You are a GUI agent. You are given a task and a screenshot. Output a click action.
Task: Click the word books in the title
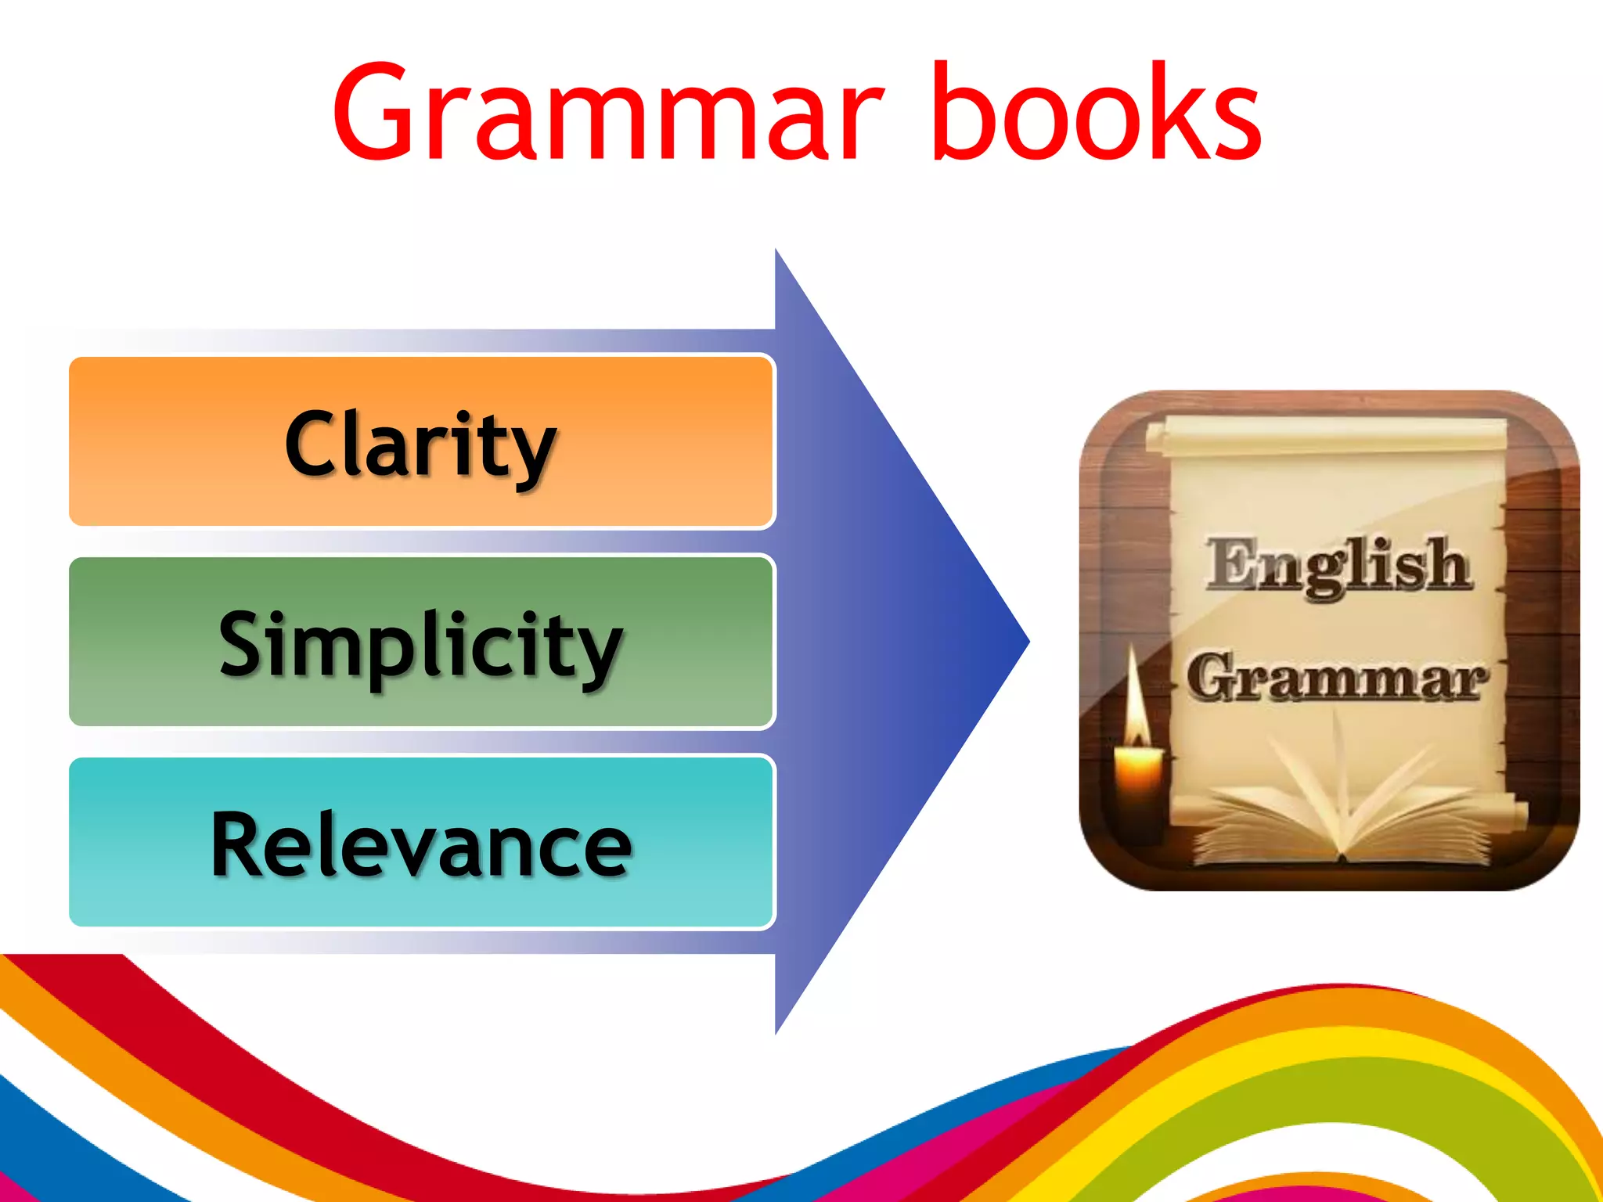(x=1096, y=113)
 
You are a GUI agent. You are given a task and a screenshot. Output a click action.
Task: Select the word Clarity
(x=420, y=446)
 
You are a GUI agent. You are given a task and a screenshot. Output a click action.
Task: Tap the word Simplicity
(x=420, y=646)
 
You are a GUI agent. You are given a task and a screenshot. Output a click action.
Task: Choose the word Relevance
(x=420, y=845)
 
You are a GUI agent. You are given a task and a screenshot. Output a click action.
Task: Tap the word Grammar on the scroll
(x=1335, y=678)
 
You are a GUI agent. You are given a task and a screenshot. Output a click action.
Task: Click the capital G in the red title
(x=376, y=113)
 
